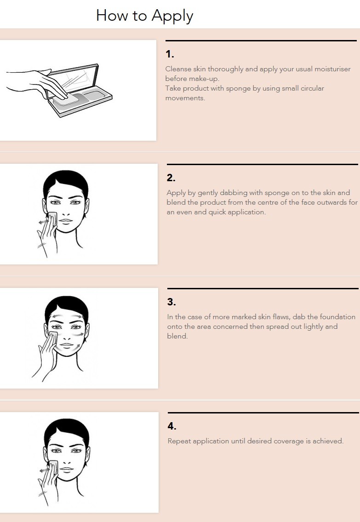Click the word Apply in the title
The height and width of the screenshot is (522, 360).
coord(172,16)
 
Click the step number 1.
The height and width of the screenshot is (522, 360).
coord(170,54)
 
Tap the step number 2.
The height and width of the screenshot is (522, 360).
coord(171,178)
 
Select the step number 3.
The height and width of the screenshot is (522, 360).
coord(171,302)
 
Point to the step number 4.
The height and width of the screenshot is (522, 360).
coord(172,426)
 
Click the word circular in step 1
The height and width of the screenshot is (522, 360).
coord(310,88)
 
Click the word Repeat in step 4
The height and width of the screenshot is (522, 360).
coord(179,441)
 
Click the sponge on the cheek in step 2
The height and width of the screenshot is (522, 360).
coord(52,218)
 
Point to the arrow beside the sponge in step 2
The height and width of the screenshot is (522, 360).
coord(43,222)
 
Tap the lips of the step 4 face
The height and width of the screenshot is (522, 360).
coord(67,469)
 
